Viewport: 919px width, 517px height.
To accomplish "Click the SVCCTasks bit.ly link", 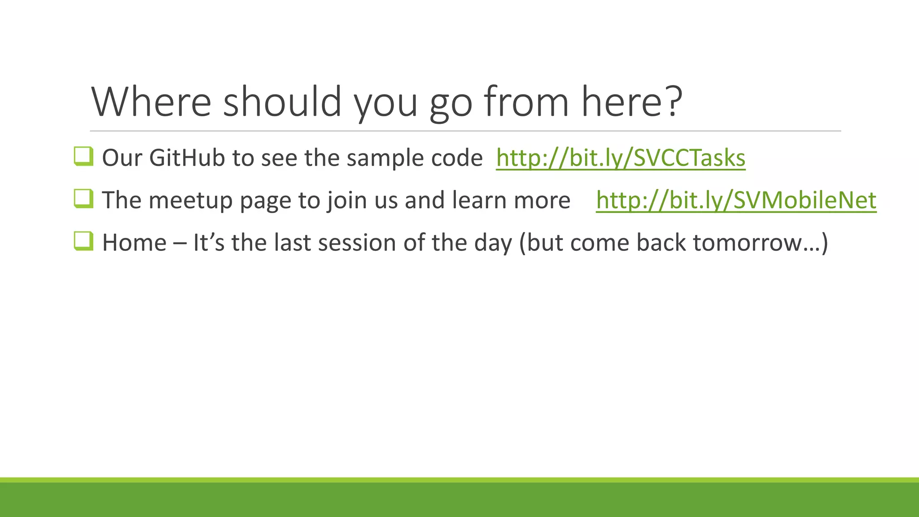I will tap(621, 158).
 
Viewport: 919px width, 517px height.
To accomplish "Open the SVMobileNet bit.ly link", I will tap(736, 200).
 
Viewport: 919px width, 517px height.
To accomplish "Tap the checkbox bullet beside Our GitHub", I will tap(83, 157).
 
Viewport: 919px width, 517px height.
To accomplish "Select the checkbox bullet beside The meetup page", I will tap(83, 199).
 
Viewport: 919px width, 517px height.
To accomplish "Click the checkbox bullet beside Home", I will tap(83, 241).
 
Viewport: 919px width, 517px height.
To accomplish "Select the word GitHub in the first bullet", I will tap(187, 158).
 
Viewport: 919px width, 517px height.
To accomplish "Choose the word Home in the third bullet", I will tap(134, 243).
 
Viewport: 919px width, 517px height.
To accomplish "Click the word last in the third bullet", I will tap(293, 243).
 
